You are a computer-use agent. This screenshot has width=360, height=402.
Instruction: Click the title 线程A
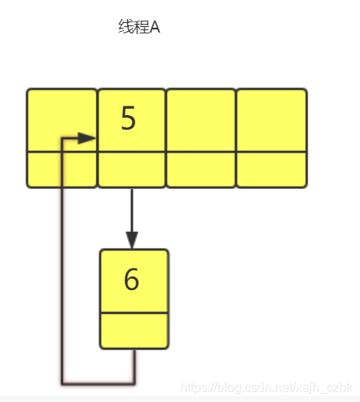(139, 27)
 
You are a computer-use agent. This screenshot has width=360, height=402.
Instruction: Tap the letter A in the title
(155, 27)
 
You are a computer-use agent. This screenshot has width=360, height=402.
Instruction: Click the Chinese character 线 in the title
(126, 27)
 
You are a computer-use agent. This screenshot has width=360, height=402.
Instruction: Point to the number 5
(128, 118)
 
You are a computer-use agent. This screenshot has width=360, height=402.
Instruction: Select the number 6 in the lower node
(131, 279)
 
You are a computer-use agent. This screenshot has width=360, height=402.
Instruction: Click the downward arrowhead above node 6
(132, 240)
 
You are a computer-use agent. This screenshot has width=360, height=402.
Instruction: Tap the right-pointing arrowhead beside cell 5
(87, 138)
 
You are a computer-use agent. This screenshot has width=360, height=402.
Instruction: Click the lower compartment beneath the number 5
(132, 170)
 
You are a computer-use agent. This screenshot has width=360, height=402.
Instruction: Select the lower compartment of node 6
(134, 330)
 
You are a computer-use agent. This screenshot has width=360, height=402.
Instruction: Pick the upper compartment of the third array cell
(201, 121)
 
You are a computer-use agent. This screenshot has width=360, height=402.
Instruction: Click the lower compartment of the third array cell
(201, 170)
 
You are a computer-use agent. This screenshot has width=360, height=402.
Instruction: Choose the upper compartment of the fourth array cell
(272, 121)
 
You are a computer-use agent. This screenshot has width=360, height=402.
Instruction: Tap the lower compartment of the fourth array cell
(272, 170)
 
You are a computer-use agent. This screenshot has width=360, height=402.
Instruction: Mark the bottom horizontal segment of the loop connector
(98, 383)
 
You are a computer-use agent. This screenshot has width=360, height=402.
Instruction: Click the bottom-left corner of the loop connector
(63, 383)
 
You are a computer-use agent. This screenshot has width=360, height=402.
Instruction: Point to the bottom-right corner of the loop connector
(134, 383)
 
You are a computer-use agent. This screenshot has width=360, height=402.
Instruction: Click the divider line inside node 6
(134, 313)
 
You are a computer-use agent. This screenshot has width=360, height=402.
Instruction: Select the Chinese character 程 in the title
(141, 27)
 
